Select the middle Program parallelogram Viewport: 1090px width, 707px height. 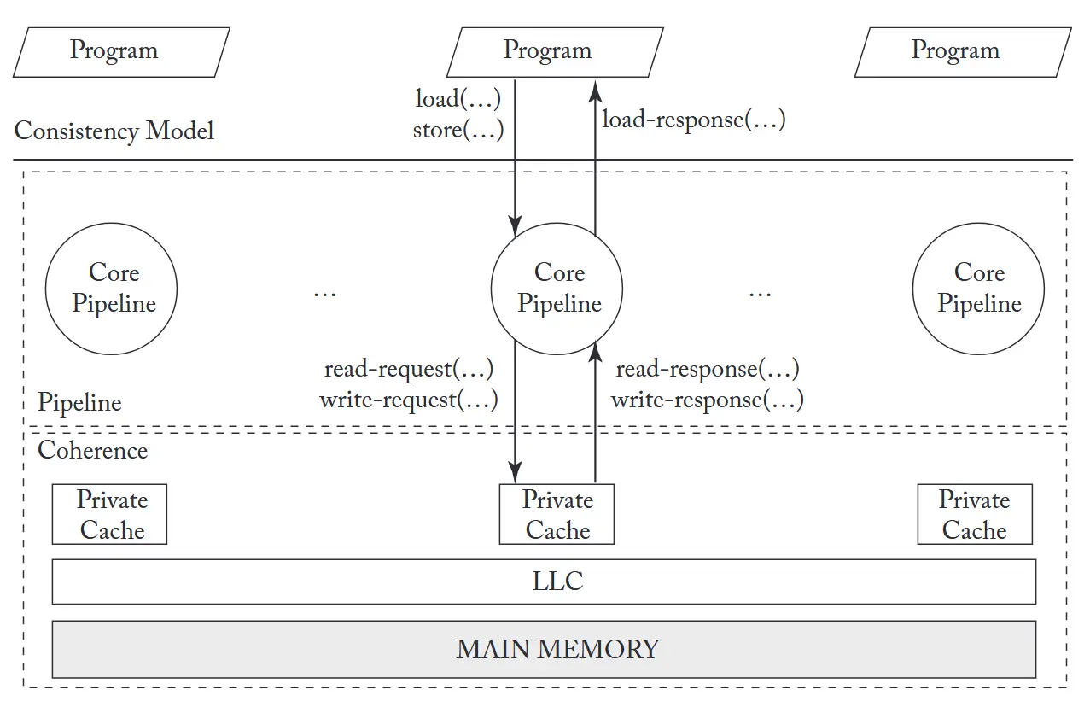coord(547,51)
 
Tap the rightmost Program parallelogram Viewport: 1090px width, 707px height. coord(955,51)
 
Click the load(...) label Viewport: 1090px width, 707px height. coord(458,99)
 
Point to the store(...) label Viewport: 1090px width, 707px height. coord(458,131)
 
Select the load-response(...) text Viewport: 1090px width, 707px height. coord(694,120)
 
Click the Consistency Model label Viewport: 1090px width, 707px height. coord(114,131)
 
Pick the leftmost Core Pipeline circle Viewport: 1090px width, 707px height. coord(112,289)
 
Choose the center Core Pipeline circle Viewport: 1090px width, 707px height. coord(558,289)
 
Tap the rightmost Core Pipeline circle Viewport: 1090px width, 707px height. coord(978,289)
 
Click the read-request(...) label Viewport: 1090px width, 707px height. coord(409,370)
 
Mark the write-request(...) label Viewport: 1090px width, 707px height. coord(409,400)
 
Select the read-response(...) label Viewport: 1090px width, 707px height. coord(708,370)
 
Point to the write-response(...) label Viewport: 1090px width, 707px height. coord(708,400)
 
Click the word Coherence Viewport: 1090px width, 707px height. coord(93,450)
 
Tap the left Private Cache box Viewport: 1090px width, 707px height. coord(110,515)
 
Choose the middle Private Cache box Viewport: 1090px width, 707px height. coord(557,515)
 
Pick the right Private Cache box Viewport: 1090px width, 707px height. coord(975,515)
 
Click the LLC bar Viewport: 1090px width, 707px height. coord(545,581)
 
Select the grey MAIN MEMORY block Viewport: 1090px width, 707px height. coord(545,649)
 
